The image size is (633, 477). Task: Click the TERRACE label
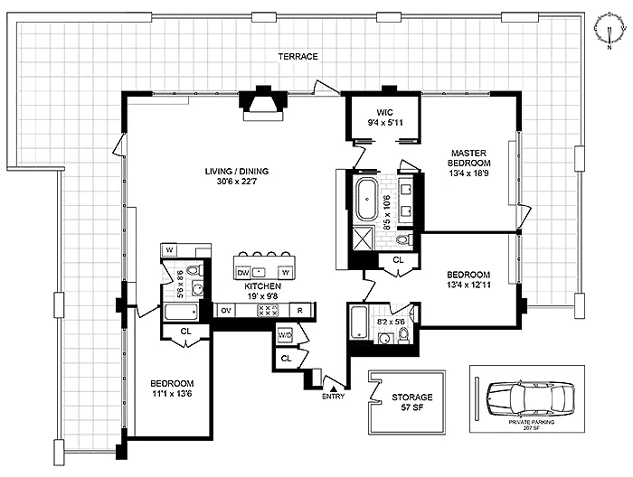click(298, 56)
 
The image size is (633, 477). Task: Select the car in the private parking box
click(531, 398)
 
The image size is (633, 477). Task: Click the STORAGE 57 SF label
click(411, 402)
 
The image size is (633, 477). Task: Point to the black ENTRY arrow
click(334, 388)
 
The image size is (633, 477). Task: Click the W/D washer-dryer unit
click(285, 335)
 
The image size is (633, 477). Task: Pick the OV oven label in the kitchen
click(226, 311)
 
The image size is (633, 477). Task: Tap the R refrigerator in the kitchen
click(300, 311)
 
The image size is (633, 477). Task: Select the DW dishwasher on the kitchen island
click(242, 273)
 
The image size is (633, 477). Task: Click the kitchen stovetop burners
click(268, 311)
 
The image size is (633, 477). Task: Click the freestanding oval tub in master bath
click(367, 199)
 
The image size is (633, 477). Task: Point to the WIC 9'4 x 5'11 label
click(385, 117)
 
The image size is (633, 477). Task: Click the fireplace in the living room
click(263, 104)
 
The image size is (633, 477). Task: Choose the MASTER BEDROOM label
click(468, 158)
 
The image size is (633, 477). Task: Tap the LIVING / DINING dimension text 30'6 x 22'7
click(237, 182)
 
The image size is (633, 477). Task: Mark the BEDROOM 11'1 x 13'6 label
click(172, 388)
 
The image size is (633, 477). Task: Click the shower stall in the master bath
click(364, 238)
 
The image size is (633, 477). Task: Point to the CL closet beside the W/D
click(287, 358)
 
